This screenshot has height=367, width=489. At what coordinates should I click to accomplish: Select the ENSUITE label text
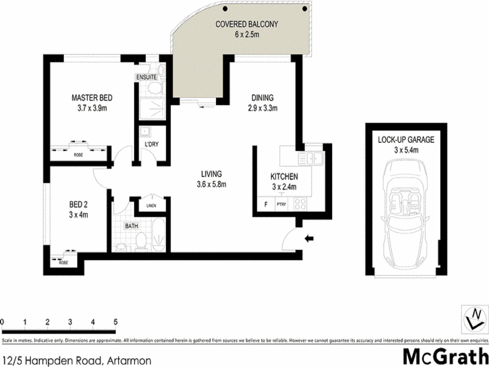pyautogui.click(x=147, y=77)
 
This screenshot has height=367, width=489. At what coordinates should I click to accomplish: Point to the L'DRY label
pyautogui.click(x=150, y=144)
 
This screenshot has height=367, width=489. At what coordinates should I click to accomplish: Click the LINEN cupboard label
pyautogui.click(x=151, y=206)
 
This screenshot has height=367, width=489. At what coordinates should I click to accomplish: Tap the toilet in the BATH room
pyautogui.click(x=141, y=240)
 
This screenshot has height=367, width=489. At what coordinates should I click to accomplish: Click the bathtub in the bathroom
pyautogui.click(x=158, y=237)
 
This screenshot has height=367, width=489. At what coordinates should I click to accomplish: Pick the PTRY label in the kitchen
pyautogui.click(x=281, y=205)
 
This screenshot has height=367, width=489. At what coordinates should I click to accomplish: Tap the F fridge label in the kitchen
pyautogui.click(x=266, y=205)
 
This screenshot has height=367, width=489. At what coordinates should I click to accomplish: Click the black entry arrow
pyautogui.click(x=309, y=239)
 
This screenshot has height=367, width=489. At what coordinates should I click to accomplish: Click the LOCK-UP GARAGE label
pyautogui.click(x=406, y=140)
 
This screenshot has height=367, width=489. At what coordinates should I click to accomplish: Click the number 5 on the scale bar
pyautogui.click(x=116, y=322)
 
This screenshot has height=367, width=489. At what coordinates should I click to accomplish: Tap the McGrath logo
pyautogui.click(x=444, y=356)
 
